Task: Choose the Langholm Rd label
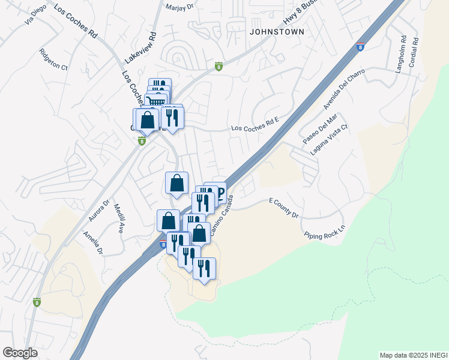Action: pyautogui.click(x=400, y=54)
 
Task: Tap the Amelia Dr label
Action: pyautogui.click(x=93, y=242)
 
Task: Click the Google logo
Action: pyautogui.click(x=20, y=353)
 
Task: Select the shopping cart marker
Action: pyautogui.click(x=155, y=101)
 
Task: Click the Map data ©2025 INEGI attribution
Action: pyautogui.click(x=413, y=355)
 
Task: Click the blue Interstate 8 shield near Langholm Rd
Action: pyautogui.click(x=360, y=47)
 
